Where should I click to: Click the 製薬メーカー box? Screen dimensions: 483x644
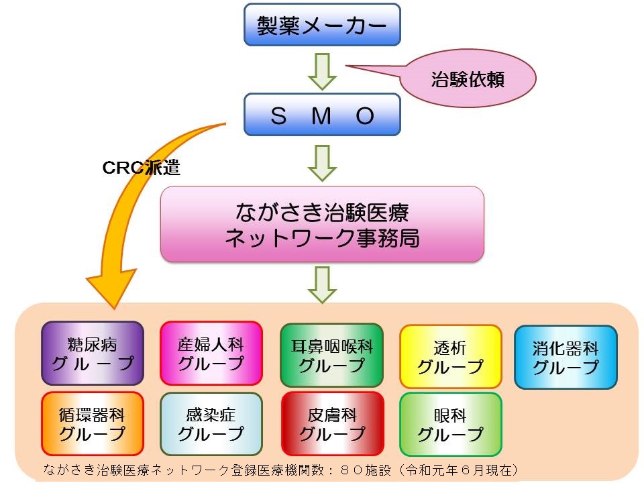tap(322, 25)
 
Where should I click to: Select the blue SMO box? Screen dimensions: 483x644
tap(322, 115)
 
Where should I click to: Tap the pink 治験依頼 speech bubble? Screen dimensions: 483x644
tap(468, 79)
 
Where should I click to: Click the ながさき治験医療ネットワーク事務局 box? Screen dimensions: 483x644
tap(322, 224)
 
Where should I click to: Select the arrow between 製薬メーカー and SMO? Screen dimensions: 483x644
tap(322, 70)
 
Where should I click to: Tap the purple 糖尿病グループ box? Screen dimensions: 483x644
tap(93, 354)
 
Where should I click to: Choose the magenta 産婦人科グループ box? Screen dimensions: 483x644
tap(211, 354)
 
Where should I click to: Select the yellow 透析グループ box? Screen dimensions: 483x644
tap(450, 357)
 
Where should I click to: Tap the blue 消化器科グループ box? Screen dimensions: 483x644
tap(566, 357)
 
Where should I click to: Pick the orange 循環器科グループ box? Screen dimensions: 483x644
tap(93, 424)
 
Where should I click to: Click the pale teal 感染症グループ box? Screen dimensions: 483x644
tap(211, 424)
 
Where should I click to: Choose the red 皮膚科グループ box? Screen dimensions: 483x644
tap(331, 424)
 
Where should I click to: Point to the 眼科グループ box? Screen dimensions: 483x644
tap(450, 424)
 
